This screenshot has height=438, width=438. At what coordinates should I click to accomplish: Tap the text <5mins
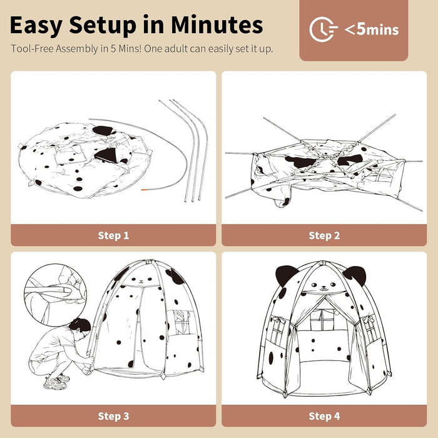[372, 29]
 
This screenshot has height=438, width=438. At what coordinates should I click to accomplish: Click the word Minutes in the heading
[216, 25]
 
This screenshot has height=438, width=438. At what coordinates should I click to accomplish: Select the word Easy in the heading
[36, 26]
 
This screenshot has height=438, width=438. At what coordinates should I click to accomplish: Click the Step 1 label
[113, 235]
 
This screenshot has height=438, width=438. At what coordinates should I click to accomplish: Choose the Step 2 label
[324, 235]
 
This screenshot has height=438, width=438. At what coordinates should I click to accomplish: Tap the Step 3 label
[113, 416]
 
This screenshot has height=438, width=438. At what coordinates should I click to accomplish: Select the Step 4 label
[324, 416]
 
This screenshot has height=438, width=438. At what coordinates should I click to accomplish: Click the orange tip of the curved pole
[144, 190]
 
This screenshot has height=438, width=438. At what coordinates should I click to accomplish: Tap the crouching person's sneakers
[58, 382]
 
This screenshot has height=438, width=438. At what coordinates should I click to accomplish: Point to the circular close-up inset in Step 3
[55, 295]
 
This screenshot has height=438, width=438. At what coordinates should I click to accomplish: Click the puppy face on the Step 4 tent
[323, 286]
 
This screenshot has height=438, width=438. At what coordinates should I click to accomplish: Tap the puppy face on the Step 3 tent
[141, 280]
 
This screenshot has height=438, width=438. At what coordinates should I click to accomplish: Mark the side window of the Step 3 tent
[181, 323]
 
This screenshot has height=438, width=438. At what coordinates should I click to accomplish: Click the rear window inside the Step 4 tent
[323, 319]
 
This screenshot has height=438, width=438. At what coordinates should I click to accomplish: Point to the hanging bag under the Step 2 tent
[282, 199]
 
